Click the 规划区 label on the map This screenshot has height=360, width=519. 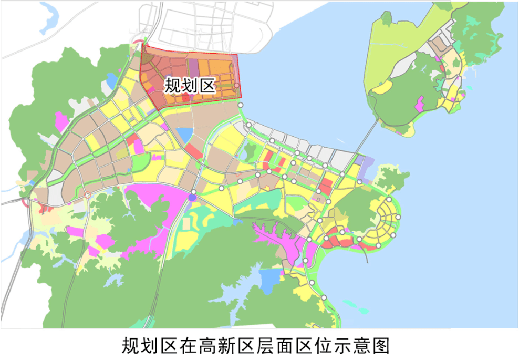(x=190, y=85)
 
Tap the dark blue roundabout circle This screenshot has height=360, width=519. (x=192, y=198)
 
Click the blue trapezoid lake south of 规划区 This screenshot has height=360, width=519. (x=185, y=136)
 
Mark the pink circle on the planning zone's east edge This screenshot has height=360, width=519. (x=237, y=85)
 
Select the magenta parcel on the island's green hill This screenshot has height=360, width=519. (x=420, y=104)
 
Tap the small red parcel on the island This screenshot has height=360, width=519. (x=442, y=68)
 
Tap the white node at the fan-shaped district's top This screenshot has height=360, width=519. (x=389, y=200)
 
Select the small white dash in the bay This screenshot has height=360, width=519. (x=340, y=140)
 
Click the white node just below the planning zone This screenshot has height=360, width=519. (x=240, y=106)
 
